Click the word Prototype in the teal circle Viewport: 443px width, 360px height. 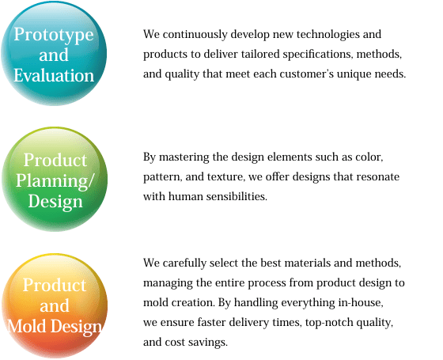[54, 35]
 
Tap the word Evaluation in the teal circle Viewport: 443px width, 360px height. [54, 75]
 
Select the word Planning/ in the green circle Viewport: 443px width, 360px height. [55, 181]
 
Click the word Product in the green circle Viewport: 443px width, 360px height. [55, 160]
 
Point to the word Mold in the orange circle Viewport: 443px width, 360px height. [27, 326]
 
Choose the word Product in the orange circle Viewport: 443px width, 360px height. [55, 285]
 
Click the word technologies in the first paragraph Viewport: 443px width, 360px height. [328, 35]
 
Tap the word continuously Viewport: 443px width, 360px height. [195, 35]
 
